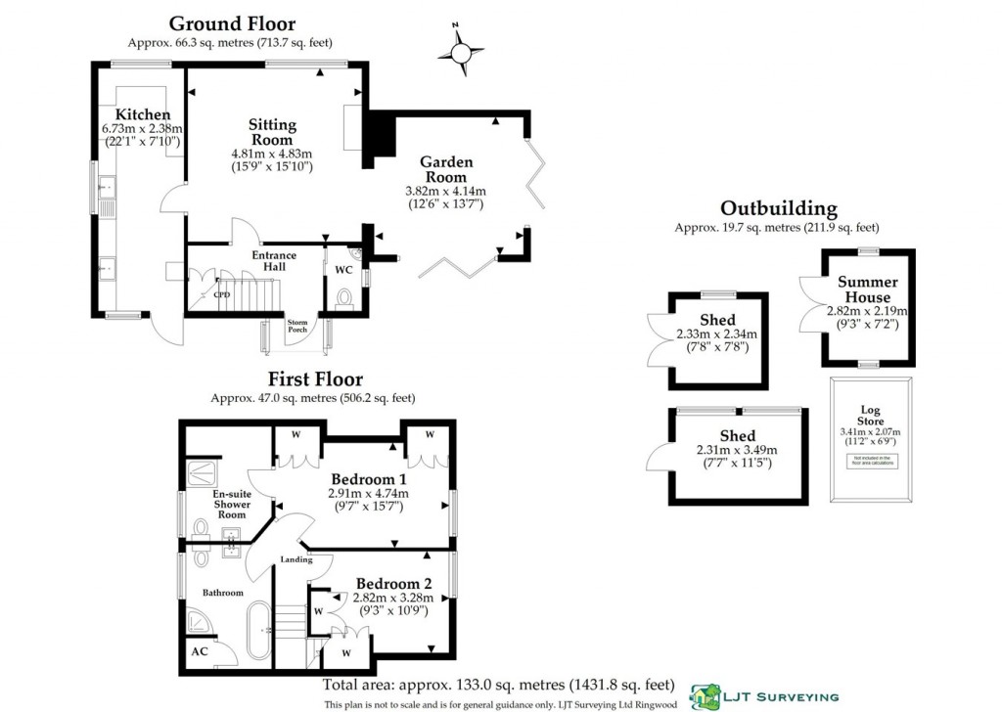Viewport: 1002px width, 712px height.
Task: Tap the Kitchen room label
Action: click(143, 115)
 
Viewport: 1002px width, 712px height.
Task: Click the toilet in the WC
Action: click(343, 297)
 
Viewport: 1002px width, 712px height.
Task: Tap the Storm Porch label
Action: click(297, 326)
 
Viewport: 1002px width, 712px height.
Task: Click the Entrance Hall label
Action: click(274, 261)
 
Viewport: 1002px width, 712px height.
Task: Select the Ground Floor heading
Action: click(232, 23)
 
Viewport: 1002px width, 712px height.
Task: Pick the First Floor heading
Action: click(315, 378)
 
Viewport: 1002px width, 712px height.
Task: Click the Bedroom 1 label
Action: click(368, 479)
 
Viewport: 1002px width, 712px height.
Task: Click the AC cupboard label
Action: click(200, 651)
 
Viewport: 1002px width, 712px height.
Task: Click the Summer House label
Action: click(867, 289)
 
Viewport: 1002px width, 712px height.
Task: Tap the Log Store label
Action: click(870, 415)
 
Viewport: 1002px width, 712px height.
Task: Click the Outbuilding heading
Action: click(778, 208)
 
